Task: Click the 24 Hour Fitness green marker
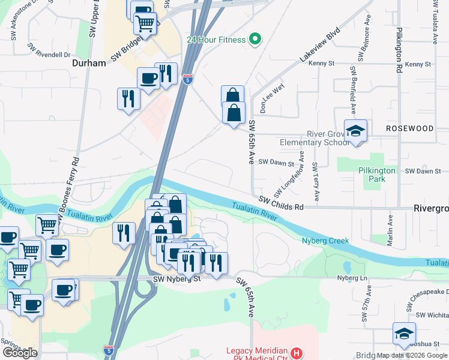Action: pyautogui.click(x=255, y=40)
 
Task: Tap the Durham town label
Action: pyautogui.click(x=89, y=62)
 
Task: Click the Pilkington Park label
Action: pyautogui.click(x=377, y=175)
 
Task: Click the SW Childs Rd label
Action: pyautogui.click(x=282, y=202)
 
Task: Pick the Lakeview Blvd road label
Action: pyautogui.click(x=320, y=46)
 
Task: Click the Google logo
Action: pyautogui.click(x=20, y=353)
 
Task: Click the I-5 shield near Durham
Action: pyautogui.click(x=188, y=79)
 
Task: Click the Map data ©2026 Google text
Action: pyautogui.click(x=412, y=355)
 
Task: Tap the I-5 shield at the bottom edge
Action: pyautogui.click(x=108, y=349)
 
